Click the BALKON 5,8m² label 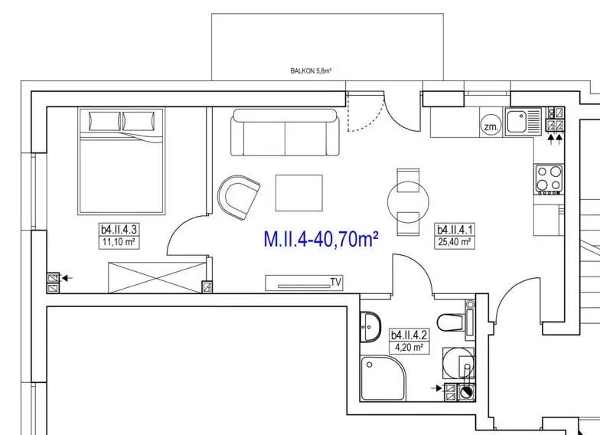coord(311,70)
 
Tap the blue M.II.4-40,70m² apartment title coord(321,239)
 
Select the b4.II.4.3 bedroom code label coord(119,230)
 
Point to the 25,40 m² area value coord(455,242)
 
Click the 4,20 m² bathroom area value coord(409,348)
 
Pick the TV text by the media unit coord(335,283)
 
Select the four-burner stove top coord(549,179)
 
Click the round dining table coord(408,202)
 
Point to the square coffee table coord(298,193)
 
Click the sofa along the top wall coord(285,132)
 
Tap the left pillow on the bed coord(104,121)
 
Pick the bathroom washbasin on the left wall coord(370,326)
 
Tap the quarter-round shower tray coord(383,378)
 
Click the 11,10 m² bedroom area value coord(119,242)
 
